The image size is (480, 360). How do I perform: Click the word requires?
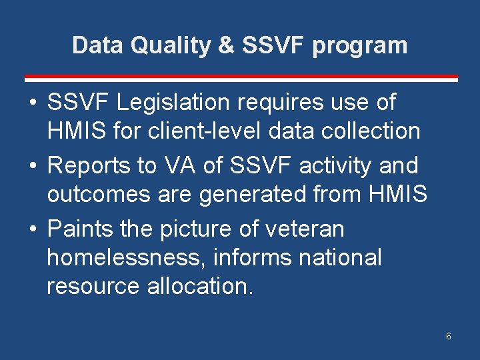[280, 103]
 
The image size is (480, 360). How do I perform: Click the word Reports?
[90, 165]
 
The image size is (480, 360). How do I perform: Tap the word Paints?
[80, 229]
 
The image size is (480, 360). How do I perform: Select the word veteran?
[304, 229]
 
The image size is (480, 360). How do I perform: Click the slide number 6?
[449, 336]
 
